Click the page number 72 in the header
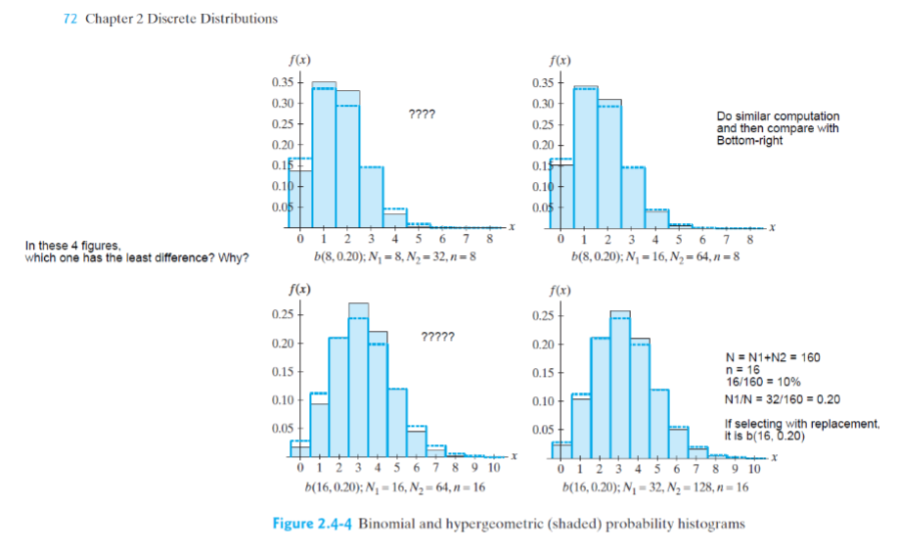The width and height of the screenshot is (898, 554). [x=68, y=19]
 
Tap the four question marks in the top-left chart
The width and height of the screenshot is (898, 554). [x=422, y=114]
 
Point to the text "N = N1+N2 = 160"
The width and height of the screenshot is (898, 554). [x=770, y=357]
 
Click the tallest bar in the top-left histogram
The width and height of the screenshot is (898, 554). [x=324, y=152]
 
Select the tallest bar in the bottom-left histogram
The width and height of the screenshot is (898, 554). [x=358, y=382]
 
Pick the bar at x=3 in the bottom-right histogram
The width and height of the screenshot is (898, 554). [x=620, y=385]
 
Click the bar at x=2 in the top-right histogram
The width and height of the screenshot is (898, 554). [x=609, y=162]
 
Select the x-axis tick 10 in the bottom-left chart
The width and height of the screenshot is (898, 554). [x=494, y=469]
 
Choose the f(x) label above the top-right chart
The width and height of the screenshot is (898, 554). [x=560, y=61]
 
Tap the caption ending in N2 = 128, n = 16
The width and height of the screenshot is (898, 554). [x=655, y=485]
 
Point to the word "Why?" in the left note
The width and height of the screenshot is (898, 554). [x=236, y=257]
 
